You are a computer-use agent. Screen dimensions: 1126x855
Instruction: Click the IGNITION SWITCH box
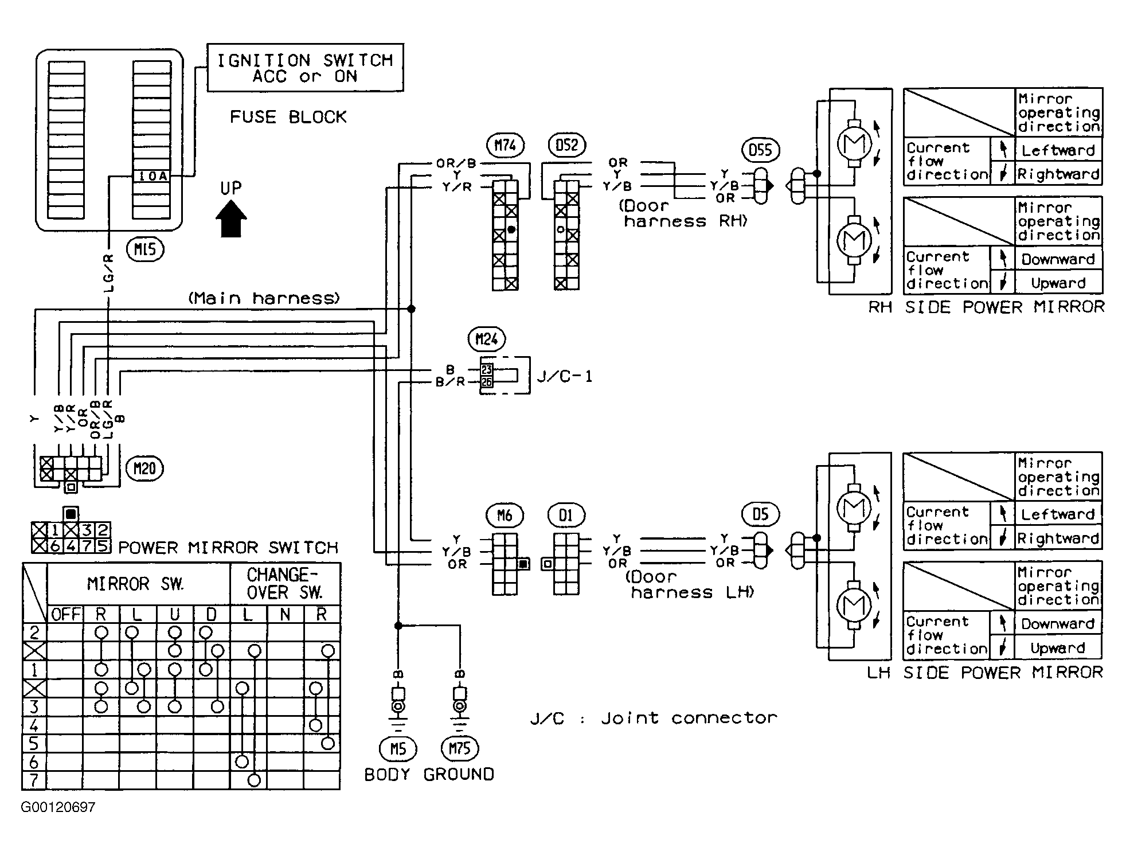305,68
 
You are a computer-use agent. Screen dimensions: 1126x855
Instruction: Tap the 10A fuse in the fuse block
152,176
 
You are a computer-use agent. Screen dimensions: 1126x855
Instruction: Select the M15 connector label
146,249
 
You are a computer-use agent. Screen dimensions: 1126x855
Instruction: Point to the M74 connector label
505,146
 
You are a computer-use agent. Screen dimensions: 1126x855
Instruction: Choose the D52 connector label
566,145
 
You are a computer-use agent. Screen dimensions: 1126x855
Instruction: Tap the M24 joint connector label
487,339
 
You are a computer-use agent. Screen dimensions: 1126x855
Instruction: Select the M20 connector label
144,469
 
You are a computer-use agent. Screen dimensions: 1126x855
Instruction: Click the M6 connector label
505,516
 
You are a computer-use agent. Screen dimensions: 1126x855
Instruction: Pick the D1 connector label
566,516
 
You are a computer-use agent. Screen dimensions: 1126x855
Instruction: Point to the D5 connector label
760,514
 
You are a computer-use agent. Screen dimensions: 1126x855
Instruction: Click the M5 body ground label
398,748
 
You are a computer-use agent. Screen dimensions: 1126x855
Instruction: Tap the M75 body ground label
460,748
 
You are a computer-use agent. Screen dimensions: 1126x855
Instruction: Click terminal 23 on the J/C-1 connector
487,370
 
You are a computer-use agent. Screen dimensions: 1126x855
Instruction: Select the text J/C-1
565,377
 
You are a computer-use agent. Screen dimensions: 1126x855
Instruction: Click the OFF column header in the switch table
66,614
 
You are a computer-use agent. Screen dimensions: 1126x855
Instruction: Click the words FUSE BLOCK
288,117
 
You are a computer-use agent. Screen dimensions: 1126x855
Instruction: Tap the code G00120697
58,807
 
